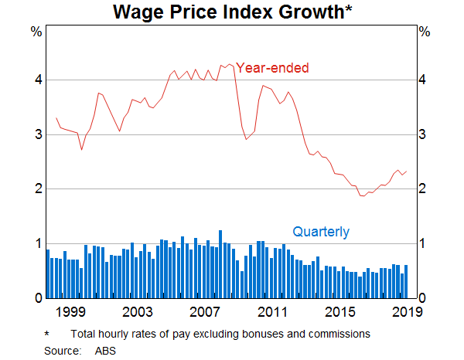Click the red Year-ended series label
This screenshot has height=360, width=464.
[x=272, y=68]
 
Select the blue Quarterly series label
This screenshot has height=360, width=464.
[x=320, y=232]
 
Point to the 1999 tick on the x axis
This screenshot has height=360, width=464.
[x=70, y=311]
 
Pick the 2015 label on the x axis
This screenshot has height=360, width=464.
[x=340, y=311]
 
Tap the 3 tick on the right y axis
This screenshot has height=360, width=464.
[x=424, y=135]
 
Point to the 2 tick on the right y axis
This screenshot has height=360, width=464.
[x=424, y=189]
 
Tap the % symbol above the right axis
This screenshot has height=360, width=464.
[x=424, y=32]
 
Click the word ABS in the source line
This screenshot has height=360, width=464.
[x=104, y=350]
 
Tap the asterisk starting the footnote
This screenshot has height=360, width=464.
[x=47, y=334]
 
